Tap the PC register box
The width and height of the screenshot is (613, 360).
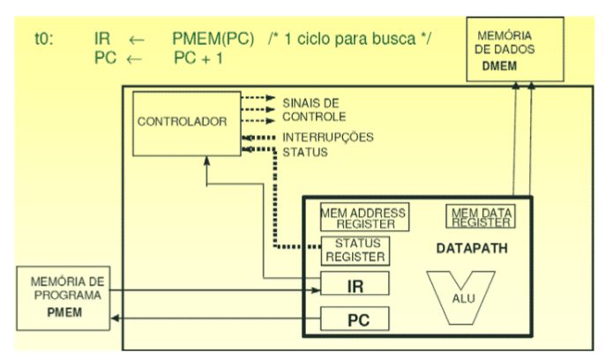click(353, 318)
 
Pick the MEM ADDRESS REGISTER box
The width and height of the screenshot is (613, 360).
click(363, 218)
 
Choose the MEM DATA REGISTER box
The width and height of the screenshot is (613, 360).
click(482, 217)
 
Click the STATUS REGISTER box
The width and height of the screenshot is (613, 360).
click(353, 251)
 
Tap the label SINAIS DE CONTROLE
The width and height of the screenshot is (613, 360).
click(313, 109)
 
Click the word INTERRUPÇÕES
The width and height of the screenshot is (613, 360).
click(327, 137)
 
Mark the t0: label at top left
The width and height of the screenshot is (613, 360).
click(45, 40)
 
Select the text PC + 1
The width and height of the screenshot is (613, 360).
click(199, 57)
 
